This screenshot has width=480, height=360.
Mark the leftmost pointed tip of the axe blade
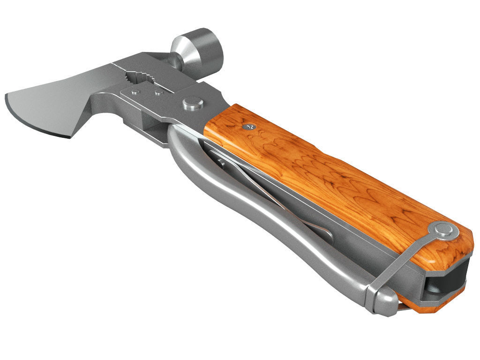tap(7, 97)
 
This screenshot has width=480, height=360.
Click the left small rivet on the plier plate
tap(136, 92)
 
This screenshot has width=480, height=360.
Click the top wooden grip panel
tap(328, 173)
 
